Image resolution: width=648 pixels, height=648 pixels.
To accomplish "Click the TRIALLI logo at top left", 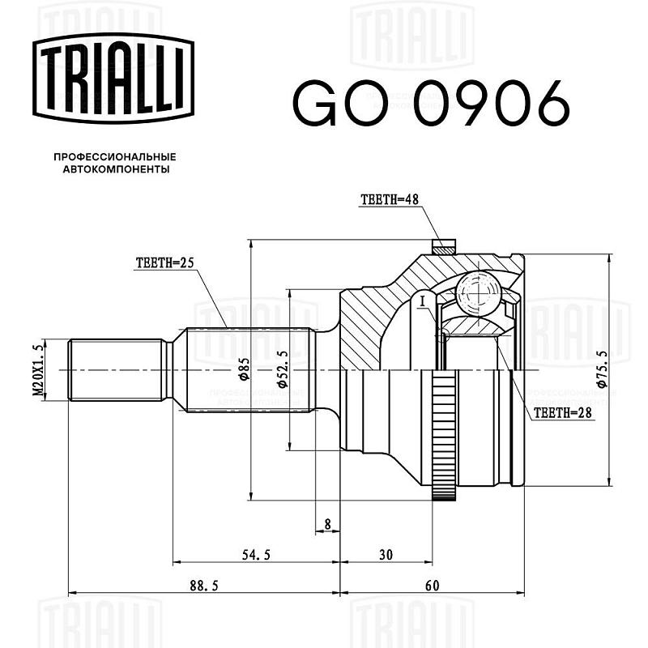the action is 113,79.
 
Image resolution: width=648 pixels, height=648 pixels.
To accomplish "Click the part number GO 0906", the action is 431,104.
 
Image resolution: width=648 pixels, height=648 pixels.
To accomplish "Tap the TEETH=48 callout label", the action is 390,199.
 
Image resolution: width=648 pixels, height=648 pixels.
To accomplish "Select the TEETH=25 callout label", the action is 164,262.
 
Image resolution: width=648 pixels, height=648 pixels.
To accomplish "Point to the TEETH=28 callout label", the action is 562,412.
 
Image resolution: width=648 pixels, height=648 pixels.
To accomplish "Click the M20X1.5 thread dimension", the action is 38,370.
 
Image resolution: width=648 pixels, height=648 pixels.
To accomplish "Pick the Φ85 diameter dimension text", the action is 244,369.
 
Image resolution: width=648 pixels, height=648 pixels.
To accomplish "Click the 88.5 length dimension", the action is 204,585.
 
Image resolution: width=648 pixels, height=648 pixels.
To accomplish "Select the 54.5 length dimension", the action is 256,555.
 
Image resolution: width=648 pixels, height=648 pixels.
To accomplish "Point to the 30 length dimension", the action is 386,555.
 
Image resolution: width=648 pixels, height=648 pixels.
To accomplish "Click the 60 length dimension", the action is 432,585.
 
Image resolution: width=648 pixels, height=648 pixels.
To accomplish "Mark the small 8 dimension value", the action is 328,524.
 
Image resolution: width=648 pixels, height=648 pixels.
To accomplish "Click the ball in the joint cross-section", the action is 479,293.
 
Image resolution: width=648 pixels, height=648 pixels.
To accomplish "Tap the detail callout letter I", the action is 421,301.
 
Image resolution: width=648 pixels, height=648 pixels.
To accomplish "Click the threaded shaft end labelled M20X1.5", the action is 116,370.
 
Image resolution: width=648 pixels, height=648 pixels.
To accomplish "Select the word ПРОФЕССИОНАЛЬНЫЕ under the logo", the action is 115,157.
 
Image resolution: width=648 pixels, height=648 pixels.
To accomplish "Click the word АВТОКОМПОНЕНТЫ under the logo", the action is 116,169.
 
